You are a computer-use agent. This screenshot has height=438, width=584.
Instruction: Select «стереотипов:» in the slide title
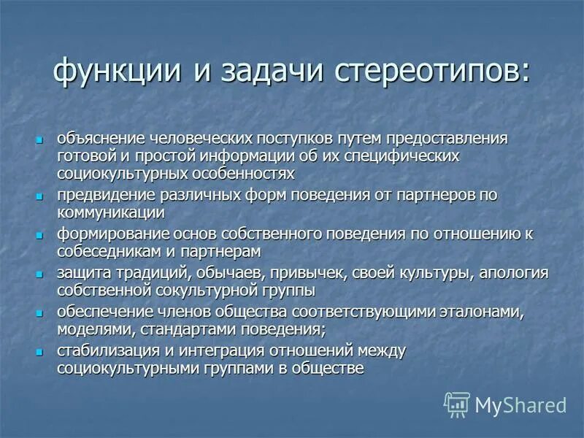point(434,74)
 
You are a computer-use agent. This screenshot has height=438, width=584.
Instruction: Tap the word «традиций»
point(141,274)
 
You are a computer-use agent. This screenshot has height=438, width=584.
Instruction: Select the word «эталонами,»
point(481,312)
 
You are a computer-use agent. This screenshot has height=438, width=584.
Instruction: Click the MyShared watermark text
point(520,405)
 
